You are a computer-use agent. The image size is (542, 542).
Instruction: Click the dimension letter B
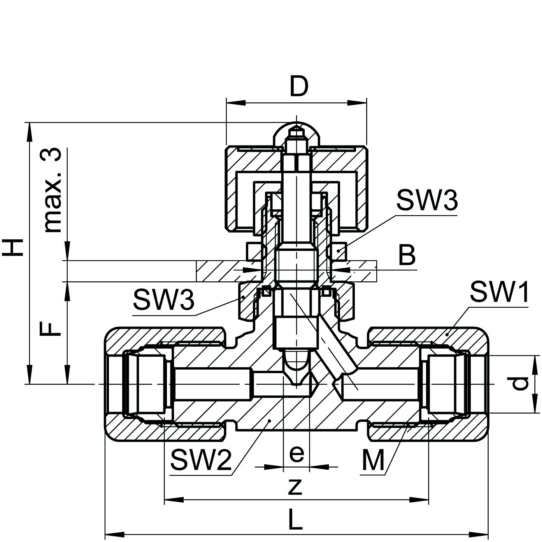(407, 256)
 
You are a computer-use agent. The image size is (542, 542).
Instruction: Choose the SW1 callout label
(499, 293)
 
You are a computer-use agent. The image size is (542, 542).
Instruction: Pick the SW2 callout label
(201, 460)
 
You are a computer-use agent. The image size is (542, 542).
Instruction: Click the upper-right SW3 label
(426, 201)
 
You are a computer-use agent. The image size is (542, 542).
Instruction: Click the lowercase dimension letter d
(520, 384)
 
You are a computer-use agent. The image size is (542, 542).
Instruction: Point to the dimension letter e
(296, 453)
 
